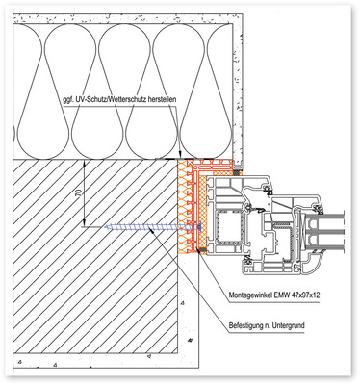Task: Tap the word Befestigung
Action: (x=244, y=325)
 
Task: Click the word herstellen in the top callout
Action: (x=163, y=100)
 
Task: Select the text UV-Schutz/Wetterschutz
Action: (x=110, y=100)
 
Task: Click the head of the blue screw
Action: (x=200, y=227)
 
